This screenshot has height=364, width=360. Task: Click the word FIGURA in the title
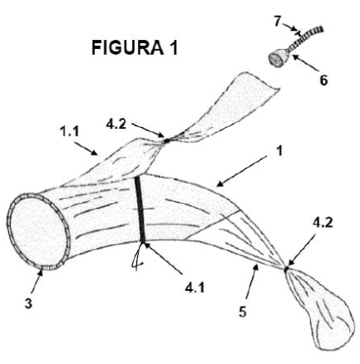pos(128,47)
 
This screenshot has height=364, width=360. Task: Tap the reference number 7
pos(278,22)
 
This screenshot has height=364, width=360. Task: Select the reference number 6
pos(323,81)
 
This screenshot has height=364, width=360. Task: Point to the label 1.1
pos(70,131)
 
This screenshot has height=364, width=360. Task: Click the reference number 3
pos(28,303)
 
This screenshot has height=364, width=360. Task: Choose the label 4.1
pos(195,288)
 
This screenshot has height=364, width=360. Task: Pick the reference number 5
pos(243,312)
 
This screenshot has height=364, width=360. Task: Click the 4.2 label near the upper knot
pos(116,124)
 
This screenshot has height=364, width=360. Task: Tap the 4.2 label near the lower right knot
pos(323,223)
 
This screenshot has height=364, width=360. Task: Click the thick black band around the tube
pos(140,209)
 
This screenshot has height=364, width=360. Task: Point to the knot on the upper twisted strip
pos(166,140)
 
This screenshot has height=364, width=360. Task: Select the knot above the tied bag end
pos(286,268)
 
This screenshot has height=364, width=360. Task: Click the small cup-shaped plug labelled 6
pos(280,57)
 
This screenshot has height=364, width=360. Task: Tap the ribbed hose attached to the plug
pos(307,37)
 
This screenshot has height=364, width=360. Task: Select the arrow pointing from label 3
pos(37,283)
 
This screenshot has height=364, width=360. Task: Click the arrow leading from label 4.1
pos(162,258)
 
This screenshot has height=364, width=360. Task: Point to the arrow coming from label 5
pos(252,281)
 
